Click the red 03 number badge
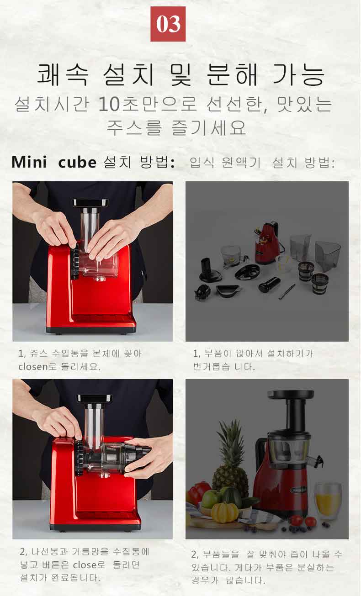pyautogui.click(x=168, y=24)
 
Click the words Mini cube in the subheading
pyautogui.click(x=54, y=162)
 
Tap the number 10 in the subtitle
pyautogui.click(x=109, y=104)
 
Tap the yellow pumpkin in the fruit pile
pyautogui.click(x=225, y=512)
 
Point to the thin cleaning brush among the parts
pyautogui.click(x=286, y=291)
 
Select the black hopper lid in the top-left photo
pyautogui.click(x=90, y=203)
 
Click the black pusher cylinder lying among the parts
pyautogui.click(x=269, y=284)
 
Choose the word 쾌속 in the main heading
pyautogui.click(x=63, y=74)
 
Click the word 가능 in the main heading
pyautogui.click(x=299, y=74)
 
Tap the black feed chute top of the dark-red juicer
pyautogui.click(x=291, y=394)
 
